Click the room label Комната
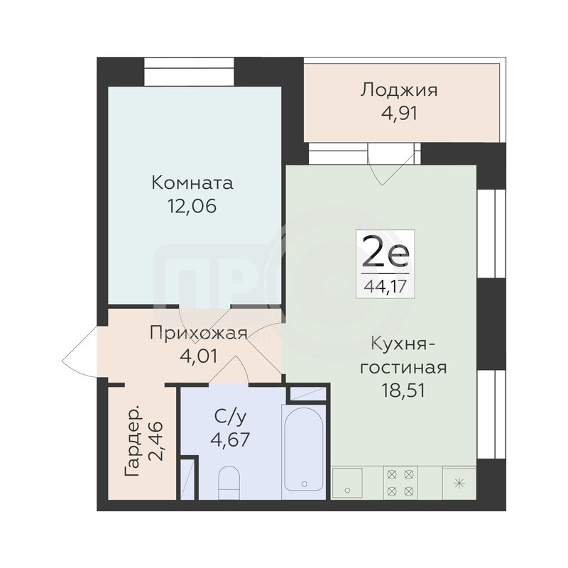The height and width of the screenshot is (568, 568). (x=192, y=183)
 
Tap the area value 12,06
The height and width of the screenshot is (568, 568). (x=192, y=207)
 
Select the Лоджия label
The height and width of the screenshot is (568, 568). (x=399, y=91)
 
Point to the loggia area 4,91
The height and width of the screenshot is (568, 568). (x=399, y=114)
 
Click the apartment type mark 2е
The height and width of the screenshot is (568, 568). (x=386, y=252)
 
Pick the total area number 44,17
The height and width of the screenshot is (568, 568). (x=386, y=287)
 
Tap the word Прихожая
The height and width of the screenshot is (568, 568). (x=199, y=333)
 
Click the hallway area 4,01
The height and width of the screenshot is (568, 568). (x=199, y=356)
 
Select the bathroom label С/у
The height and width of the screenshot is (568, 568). (x=230, y=417)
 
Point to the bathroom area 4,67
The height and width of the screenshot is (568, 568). (x=230, y=440)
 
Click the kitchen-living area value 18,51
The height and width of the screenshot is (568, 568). (x=403, y=391)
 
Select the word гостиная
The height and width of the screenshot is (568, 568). (x=403, y=368)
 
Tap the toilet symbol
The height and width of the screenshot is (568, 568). (x=229, y=482)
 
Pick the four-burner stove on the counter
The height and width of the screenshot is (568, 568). (x=400, y=483)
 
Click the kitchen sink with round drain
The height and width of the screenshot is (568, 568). (x=347, y=483)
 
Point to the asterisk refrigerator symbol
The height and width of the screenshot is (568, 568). (x=459, y=483)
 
